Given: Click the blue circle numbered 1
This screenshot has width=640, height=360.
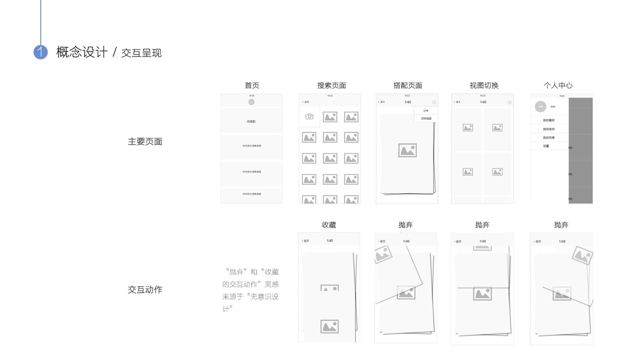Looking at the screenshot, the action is pyautogui.click(x=40, y=52).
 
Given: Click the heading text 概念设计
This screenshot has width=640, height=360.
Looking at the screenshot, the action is pyautogui.click(x=82, y=52).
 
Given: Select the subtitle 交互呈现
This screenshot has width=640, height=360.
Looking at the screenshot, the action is pyautogui.click(x=142, y=53).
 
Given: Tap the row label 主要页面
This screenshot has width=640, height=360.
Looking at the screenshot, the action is pyautogui.click(x=145, y=142).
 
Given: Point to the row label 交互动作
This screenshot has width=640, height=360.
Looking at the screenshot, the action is pyautogui.click(x=145, y=289).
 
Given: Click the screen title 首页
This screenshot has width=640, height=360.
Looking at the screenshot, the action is pyautogui.click(x=252, y=85).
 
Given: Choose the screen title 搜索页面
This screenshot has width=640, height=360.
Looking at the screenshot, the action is pyautogui.click(x=332, y=85).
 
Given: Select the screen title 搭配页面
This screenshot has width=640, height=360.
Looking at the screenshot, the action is pyautogui.click(x=408, y=85).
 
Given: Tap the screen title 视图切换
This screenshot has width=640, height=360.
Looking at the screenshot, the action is pyautogui.click(x=484, y=85).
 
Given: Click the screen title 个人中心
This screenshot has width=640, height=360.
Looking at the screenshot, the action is pyautogui.click(x=558, y=85).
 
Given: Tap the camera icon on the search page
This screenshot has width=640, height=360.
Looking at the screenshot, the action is pyautogui.click(x=310, y=116).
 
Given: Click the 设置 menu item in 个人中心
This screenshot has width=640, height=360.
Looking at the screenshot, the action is pyautogui.click(x=546, y=146).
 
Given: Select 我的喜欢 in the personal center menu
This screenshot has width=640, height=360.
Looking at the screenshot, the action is pyautogui.click(x=549, y=121).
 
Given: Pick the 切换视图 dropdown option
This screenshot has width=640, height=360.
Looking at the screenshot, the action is pyautogui.click(x=426, y=119).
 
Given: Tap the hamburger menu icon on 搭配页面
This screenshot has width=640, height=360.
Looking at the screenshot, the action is pyautogui.click(x=434, y=103).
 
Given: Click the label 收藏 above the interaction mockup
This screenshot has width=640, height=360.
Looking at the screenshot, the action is pyautogui.click(x=329, y=225).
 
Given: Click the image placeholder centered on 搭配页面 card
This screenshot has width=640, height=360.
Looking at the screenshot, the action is pyautogui.click(x=407, y=150).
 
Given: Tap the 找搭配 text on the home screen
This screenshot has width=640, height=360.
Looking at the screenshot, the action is pyautogui.click(x=251, y=121).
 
